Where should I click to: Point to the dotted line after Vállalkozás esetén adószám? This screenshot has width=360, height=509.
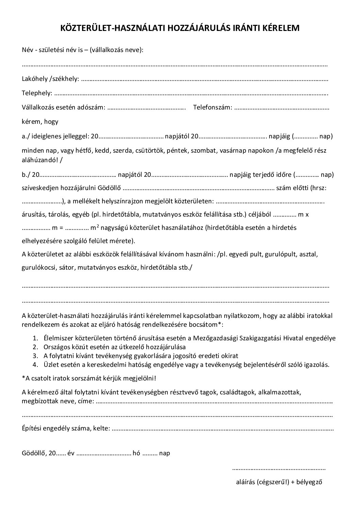point(146,108)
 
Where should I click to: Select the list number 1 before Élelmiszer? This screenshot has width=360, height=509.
point(35,338)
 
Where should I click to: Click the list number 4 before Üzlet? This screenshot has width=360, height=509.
point(35,365)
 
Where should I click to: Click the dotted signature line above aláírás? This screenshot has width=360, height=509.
point(279,469)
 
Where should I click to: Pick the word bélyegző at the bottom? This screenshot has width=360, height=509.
point(309,482)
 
